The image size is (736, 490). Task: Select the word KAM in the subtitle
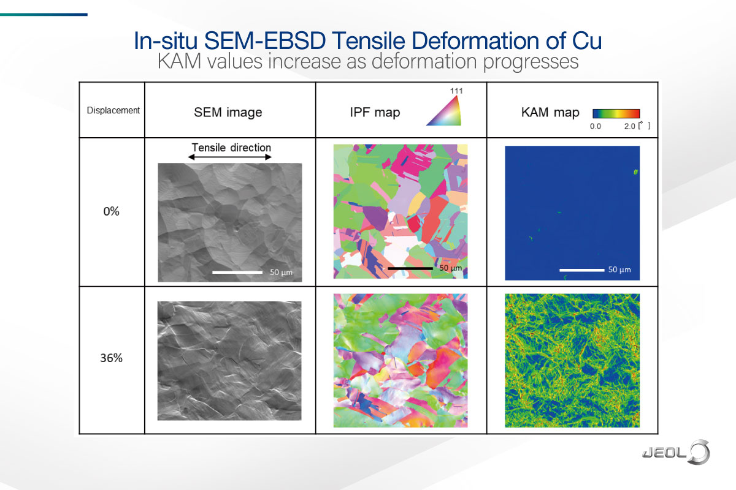click(178, 62)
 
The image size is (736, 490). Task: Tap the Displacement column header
click(113, 111)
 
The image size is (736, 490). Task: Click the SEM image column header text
click(228, 112)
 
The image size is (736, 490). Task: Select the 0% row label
click(111, 213)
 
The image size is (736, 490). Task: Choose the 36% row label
click(111, 358)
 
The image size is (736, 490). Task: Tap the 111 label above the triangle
click(456, 91)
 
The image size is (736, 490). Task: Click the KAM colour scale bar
click(616, 113)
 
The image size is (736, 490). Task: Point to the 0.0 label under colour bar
click(594, 126)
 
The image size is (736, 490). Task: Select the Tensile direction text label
click(231, 148)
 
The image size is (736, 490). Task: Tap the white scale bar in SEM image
click(237, 271)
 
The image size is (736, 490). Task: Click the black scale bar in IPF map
click(410, 268)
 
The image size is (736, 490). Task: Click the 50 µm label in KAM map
click(619, 269)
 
